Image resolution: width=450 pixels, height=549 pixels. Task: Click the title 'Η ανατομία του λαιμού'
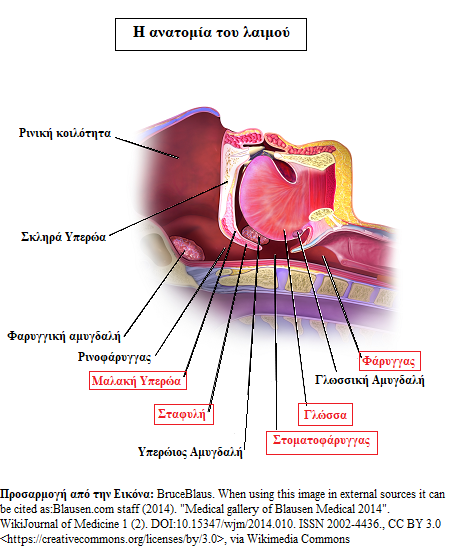coord(211,33)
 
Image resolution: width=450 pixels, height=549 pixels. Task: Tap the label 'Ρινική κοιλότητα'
coord(65,133)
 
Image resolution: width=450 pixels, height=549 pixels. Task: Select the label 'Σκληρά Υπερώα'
coord(63,237)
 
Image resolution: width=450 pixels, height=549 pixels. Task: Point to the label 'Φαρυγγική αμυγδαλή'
coord(64,336)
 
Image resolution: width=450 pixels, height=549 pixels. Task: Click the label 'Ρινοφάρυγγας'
coord(115,357)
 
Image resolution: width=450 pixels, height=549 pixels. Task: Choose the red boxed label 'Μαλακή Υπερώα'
coord(138,381)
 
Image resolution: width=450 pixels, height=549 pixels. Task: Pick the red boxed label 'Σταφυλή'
coord(184,414)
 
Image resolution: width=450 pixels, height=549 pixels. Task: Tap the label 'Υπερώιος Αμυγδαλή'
coord(190,452)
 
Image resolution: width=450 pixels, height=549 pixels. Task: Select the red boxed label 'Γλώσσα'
coord(325,415)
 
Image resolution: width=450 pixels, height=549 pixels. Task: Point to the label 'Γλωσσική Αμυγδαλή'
coord(369,380)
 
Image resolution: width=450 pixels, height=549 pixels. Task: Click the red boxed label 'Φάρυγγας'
coord(389,361)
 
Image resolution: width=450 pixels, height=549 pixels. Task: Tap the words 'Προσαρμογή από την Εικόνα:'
coord(77,494)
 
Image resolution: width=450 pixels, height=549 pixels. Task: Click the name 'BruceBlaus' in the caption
coord(184,494)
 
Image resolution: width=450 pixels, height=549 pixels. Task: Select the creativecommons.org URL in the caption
coord(112,538)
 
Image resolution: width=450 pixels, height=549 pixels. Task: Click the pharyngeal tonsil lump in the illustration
coord(186,247)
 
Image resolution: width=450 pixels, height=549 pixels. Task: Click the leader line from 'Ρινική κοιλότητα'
coord(147,148)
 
